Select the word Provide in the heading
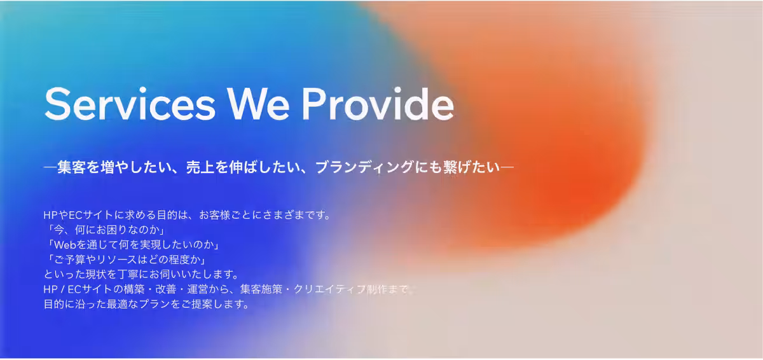[x=376, y=103]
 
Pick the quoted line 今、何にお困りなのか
[x=106, y=230]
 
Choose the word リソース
[x=115, y=260]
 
